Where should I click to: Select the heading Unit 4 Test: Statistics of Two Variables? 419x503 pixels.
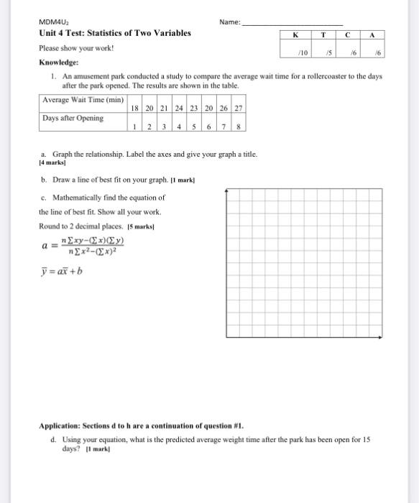click(x=115, y=34)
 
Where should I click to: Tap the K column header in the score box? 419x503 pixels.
click(x=295, y=34)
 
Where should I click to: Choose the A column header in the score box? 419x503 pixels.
click(x=372, y=34)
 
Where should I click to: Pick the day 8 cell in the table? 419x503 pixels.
click(x=239, y=126)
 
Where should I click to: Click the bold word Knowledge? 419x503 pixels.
click(x=60, y=63)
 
